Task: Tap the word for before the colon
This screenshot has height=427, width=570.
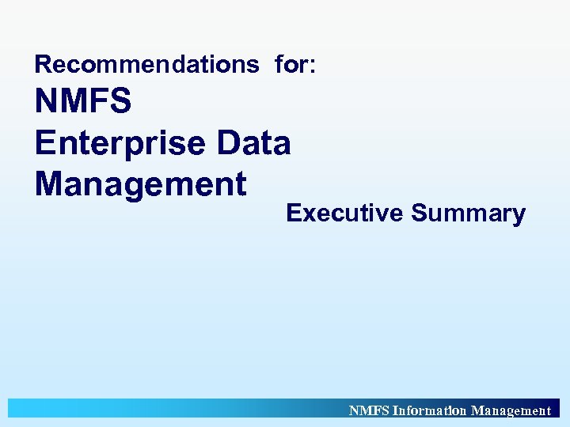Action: (x=292, y=64)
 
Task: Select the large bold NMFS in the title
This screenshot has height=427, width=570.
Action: (x=83, y=102)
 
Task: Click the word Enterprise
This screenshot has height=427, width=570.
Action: (x=117, y=143)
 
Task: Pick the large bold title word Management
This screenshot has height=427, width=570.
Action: (x=141, y=184)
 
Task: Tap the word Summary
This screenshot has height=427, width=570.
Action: (x=468, y=213)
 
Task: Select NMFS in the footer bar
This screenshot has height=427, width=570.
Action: (x=369, y=410)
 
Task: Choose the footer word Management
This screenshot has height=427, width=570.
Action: (x=511, y=410)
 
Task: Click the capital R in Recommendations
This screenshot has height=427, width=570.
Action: (x=43, y=64)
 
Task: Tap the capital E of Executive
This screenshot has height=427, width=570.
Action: (x=293, y=213)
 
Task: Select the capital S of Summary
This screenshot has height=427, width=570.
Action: (x=419, y=213)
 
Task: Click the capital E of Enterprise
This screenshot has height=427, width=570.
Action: (x=45, y=143)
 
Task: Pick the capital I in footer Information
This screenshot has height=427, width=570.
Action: (x=396, y=410)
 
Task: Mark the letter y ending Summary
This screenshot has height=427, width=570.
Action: (x=518, y=217)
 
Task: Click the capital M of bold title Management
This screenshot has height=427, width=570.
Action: (x=50, y=184)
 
